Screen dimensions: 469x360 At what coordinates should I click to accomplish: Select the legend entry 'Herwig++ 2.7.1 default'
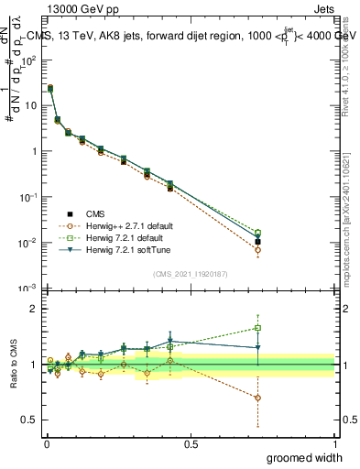tap(135, 225)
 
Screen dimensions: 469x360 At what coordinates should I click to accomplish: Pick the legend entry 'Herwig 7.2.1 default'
tap(132, 237)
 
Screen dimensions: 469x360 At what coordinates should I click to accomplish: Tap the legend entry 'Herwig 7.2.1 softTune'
tap(134, 249)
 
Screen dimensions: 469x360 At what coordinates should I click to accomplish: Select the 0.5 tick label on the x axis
tap(191, 443)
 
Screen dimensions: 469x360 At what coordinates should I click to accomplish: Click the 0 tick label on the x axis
tap(46, 443)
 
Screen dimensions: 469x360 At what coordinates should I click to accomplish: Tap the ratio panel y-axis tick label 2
tap(33, 309)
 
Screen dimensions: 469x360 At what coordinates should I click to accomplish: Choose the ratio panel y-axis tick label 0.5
tap(30, 421)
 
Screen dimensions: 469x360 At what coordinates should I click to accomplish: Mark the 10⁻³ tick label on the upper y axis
tap(29, 289)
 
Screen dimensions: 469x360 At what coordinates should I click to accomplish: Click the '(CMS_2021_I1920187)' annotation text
tap(190, 274)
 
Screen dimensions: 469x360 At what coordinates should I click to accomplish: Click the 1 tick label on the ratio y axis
tap(33, 365)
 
